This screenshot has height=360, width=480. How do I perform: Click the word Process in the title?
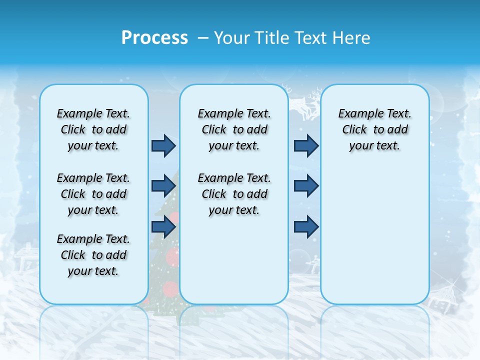(154, 37)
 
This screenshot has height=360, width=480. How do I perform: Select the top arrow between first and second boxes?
(163, 145)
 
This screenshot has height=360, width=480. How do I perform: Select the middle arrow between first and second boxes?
(163, 186)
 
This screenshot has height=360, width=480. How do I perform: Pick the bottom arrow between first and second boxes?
(163, 226)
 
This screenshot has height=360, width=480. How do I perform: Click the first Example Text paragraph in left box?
(93, 129)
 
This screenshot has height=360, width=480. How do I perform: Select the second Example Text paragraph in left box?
(93, 194)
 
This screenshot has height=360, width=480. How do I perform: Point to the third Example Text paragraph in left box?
(93, 255)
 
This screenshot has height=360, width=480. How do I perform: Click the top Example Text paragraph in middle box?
(234, 129)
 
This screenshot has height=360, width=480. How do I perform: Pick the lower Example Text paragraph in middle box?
(234, 194)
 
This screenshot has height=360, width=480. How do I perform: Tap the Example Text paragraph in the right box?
(374, 129)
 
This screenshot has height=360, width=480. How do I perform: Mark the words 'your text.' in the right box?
(374, 145)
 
